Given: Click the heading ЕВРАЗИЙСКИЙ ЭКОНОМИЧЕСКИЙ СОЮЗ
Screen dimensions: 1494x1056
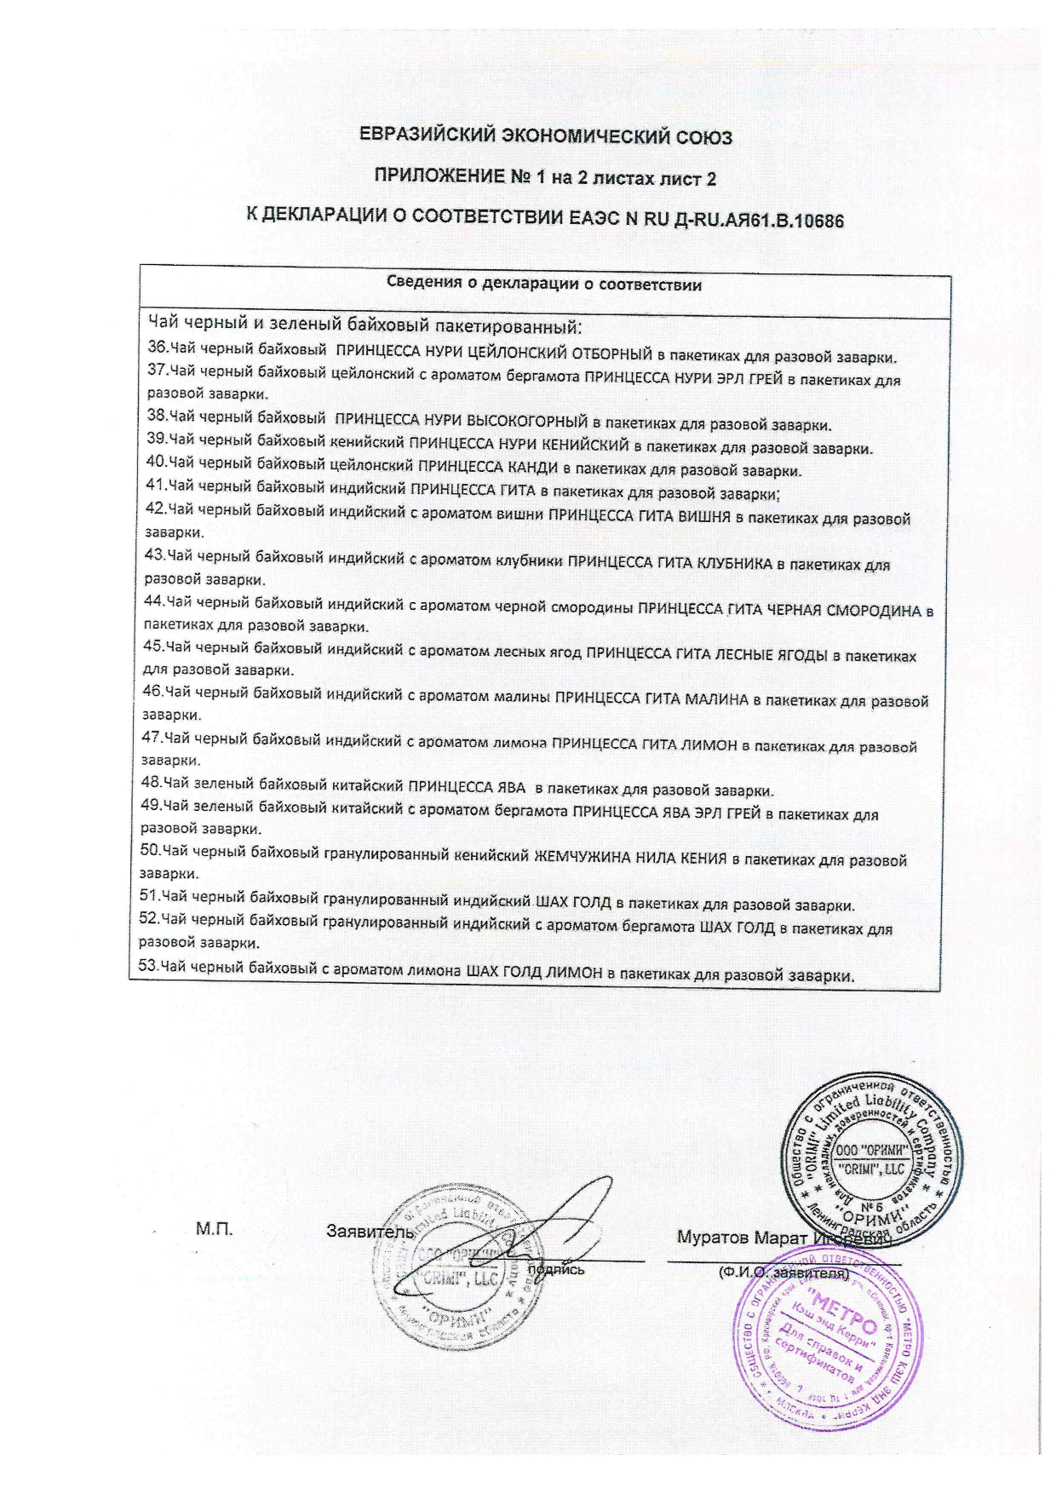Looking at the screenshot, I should click(x=545, y=136).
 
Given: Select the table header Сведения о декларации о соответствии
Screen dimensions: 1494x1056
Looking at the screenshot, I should click(x=544, y=284).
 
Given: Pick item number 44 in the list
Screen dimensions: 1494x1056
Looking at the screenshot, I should click(x=155, y=601).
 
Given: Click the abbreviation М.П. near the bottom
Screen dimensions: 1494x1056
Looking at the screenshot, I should click(x=215, y=1229).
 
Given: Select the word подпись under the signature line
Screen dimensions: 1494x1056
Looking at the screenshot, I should click(x=556, y=1270).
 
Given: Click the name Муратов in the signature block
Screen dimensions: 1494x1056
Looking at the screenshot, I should click(x=710, y=1237).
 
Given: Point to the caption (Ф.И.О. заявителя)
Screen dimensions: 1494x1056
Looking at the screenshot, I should click(x=783, y=1273).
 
